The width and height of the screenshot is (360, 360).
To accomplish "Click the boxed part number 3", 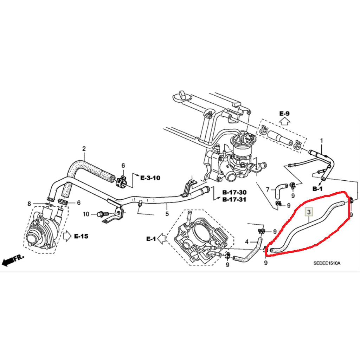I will click(x=309, y=212).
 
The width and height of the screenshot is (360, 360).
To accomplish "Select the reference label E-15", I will click(x=81, y=236).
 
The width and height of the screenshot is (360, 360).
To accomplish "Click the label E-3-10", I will click(x=150, y=178).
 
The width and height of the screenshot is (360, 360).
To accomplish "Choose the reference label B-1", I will click(x=317, y=189).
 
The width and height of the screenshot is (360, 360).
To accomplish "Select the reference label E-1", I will click(x=151, y=239).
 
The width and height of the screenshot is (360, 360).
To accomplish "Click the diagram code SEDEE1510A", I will click(x=327, y=262).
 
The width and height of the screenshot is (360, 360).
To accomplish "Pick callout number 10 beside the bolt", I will click(x=86, y=214).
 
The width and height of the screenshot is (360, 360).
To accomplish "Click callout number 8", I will click(x=29, y=204).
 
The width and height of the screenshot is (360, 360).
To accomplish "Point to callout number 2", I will click(x=84, y=149).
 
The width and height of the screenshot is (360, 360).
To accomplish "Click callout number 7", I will click(x=268, y=190).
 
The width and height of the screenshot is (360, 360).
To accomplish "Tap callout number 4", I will click(x=247, y=242).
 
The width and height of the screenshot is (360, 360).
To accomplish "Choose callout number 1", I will click(x=321, y=141).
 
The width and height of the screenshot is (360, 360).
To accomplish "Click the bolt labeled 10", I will click(x=101, y=214).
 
